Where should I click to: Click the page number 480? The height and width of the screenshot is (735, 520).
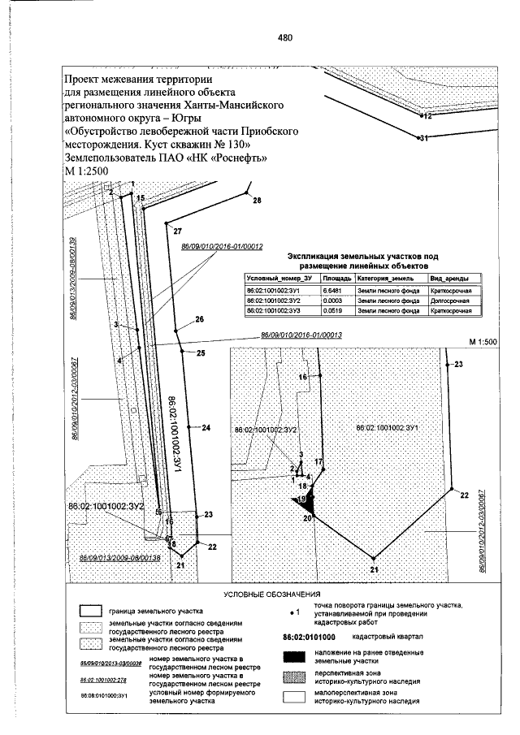284,38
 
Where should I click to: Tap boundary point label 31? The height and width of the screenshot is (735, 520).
422,139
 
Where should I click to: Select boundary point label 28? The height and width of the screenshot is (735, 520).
257,200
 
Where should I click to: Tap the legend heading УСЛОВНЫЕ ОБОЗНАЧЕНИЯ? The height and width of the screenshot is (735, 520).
271,595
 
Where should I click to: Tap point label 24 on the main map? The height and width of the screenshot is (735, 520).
206,427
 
